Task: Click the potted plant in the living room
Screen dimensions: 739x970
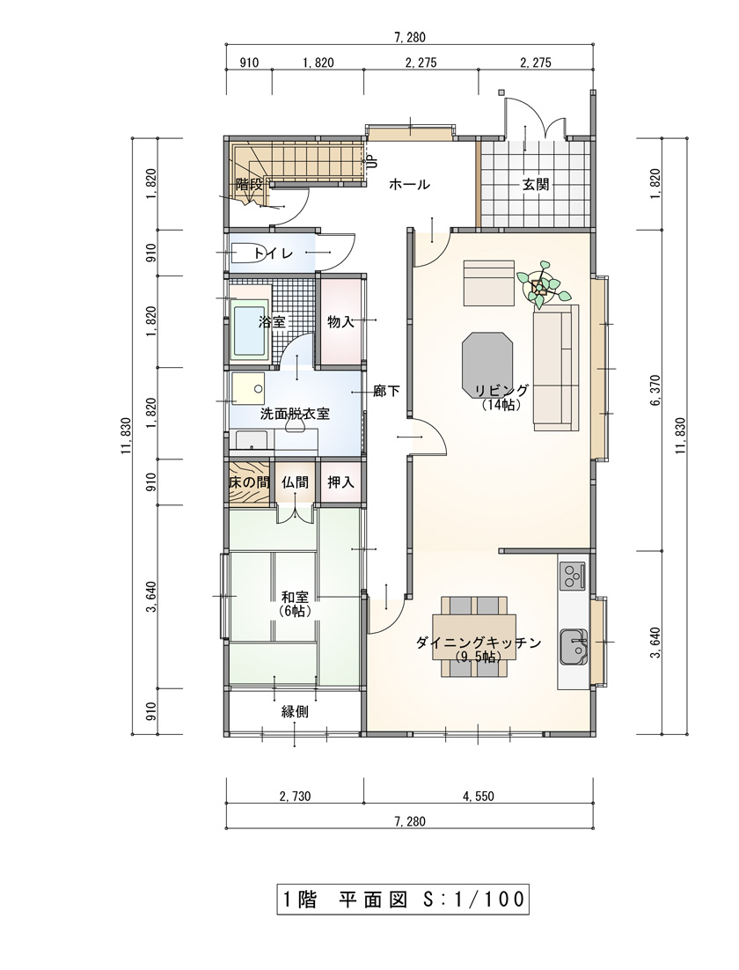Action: (x=539, y=285)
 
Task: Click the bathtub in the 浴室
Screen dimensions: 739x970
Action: (x=249, y=329)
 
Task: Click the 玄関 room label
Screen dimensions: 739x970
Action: (x=536, y=184)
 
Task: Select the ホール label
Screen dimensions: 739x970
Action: (x=409, y=184)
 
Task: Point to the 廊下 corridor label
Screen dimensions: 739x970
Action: (x=386, y=391)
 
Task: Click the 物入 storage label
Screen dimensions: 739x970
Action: (x=340, y=321)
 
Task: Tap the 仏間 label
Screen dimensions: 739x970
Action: (x=295, y=481)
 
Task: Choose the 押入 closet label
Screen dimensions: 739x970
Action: (x=340, y=481)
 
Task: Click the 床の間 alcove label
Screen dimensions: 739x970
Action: (x=249, y=481)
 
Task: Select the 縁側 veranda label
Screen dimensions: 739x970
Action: (x=295, y=711)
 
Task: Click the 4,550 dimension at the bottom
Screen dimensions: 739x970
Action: (x=479, y=797)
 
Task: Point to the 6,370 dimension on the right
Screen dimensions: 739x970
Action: (x=656, y=390)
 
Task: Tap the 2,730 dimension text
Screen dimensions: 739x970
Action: (x=295, y=797)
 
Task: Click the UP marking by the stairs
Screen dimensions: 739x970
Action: (x=372, y=161)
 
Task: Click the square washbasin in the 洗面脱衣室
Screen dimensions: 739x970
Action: (x=248, y=388)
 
